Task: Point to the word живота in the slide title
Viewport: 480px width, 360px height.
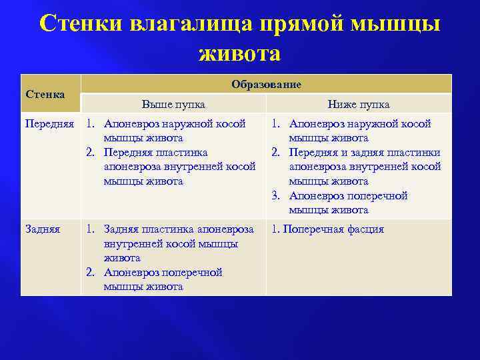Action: point(239,53)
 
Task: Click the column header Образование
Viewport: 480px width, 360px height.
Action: point(266,84)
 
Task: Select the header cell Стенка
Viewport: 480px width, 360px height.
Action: point(45,94)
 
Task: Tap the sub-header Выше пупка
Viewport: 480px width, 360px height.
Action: point(173,105)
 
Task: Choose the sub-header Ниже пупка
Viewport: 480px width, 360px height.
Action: point(359,105)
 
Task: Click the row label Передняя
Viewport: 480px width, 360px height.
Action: point(49,124)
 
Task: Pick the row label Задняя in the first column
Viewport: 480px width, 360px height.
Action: point(42,229)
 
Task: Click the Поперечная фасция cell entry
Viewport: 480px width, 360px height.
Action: point(333,229)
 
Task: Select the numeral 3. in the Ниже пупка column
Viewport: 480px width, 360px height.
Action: point(276,196)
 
